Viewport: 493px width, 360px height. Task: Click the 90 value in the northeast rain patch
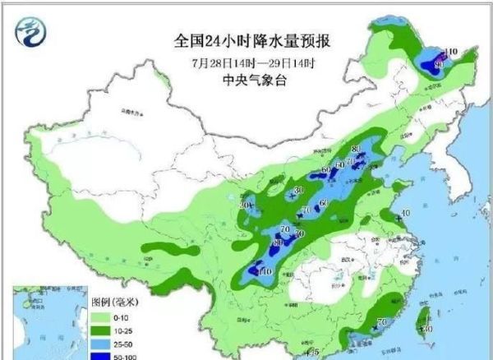(438, 64)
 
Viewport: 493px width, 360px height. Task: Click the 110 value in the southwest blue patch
(265, 270)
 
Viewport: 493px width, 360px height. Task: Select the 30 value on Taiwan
(428, 329)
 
